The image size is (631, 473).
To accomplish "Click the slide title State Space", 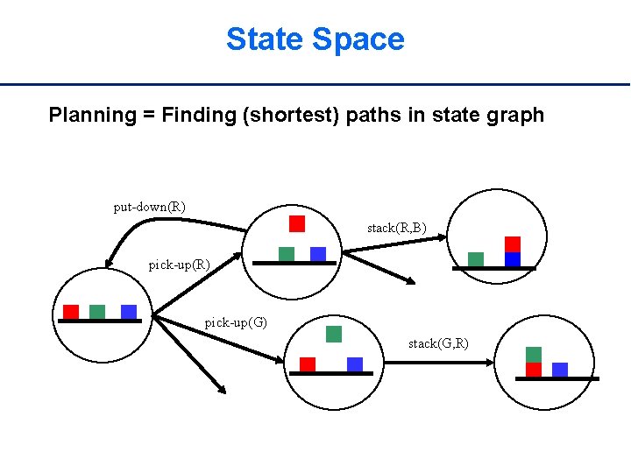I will pos(315,39).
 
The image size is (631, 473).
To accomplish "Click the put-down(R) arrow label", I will pos(149,208).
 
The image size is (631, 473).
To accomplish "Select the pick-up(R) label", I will pos(179,265).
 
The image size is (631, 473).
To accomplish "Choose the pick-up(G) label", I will pos(236,322).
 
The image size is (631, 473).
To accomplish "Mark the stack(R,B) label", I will pos(396,229).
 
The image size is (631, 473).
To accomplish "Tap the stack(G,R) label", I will pos(438,343).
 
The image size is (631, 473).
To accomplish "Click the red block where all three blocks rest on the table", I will pos(71,312).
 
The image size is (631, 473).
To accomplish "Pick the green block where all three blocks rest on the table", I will pos(97,312).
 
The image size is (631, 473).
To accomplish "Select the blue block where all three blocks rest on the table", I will pos(129,312).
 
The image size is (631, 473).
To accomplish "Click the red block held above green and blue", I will pos(297,223).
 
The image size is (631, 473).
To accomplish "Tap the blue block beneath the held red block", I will pos(318,254).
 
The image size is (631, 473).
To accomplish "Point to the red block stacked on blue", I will pos(513,244).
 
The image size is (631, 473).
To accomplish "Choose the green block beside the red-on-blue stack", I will pos(476,259).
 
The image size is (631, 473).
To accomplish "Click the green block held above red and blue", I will pos(333,334).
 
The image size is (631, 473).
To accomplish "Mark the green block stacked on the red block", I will pos(534,355).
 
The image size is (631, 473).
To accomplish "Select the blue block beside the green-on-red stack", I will pos(560,370).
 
